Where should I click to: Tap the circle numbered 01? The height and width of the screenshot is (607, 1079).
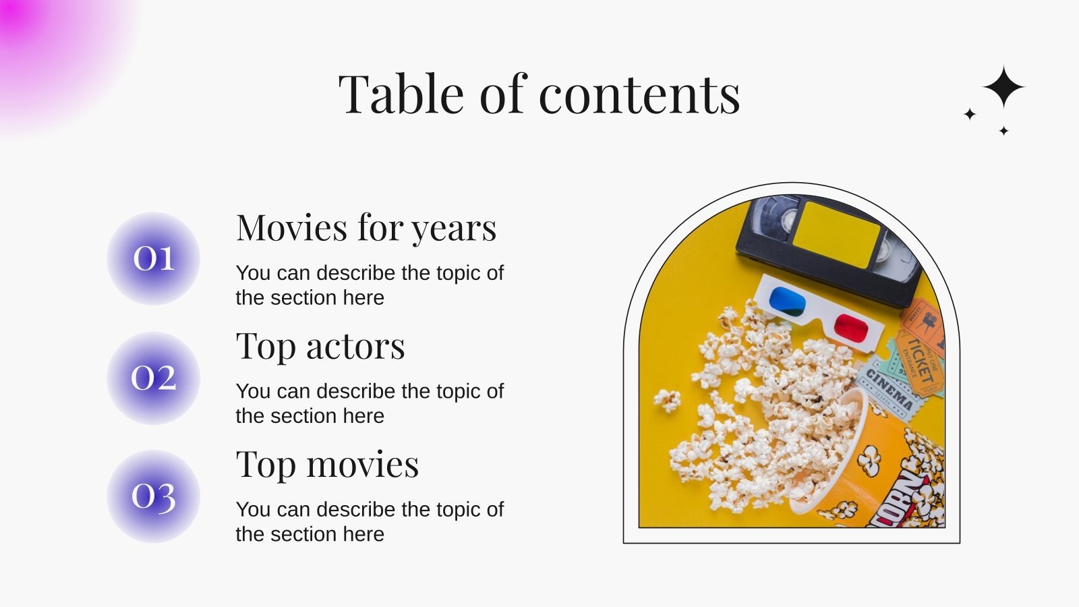point(154,258)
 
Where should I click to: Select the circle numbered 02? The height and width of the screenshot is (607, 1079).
point(154,378)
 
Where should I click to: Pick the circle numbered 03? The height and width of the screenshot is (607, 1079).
point(154,496)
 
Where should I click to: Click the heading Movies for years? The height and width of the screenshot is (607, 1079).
point(366,228)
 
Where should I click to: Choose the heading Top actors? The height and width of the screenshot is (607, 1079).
point(320,347)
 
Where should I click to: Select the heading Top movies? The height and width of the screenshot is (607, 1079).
point(327,465)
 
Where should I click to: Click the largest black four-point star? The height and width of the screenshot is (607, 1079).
point(1003,87)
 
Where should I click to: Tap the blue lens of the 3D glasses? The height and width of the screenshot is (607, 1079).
point(787,301)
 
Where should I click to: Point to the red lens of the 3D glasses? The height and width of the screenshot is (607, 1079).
point(851,328)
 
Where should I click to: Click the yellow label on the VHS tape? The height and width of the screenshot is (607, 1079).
point(836,233)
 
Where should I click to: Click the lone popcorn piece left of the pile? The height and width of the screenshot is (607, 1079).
point(668,399)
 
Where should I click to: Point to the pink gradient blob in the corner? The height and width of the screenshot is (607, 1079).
point(47,47)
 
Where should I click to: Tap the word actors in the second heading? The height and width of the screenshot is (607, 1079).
point(355,347)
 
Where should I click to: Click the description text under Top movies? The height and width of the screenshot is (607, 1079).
point(370,521)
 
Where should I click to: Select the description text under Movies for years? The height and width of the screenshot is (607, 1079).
point(370,285)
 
